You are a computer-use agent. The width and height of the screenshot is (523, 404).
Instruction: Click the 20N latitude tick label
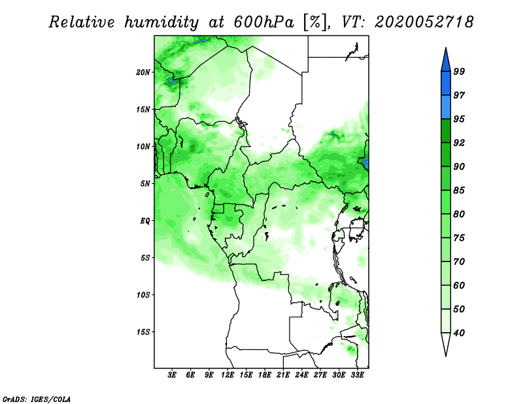coord(143,73)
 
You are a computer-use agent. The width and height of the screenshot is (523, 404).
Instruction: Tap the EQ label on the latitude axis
coord(144,221)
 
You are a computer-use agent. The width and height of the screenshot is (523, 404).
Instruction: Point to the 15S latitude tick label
coord(143,332)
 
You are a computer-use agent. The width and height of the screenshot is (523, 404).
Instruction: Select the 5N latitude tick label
coord(145,184)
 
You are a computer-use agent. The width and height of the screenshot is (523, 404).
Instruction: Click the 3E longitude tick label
coord(172,375)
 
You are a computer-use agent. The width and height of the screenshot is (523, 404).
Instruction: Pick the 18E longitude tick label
coord(265,375)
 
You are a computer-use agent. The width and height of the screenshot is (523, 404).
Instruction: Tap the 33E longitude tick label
coord(357,375)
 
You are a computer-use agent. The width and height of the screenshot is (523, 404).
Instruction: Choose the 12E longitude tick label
coord(228,375)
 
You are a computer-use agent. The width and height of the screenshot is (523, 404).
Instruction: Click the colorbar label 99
coord(459,72)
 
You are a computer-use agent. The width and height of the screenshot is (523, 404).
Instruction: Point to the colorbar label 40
coord(459,333)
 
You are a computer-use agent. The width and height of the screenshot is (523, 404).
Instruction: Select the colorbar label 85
coord(459,190)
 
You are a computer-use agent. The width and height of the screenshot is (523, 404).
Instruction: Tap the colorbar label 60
coord(459,286)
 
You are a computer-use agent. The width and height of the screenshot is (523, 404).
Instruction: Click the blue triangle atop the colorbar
coord(446,61)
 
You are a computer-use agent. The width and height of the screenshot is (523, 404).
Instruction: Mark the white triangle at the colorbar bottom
coord(446,343)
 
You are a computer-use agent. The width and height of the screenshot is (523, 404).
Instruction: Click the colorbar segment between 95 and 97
coord(446,107)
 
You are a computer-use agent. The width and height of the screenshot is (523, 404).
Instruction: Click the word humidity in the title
coord(161,22)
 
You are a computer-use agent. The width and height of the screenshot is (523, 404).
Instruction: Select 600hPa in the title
coord(264,22)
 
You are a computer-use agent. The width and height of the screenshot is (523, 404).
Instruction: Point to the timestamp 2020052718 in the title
coord(424,22)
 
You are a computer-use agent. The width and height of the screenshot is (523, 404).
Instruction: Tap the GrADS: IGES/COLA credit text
coord(37,399)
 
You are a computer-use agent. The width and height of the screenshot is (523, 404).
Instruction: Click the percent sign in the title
coord(315,22)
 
